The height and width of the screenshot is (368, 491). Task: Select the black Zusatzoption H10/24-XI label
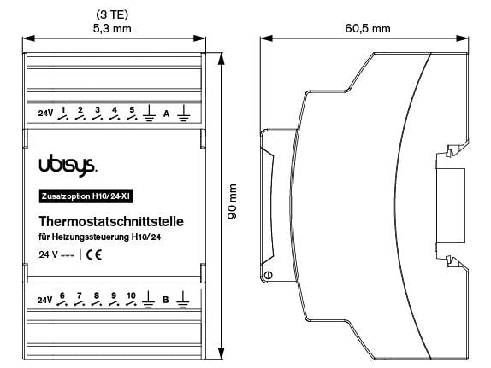(85, 196)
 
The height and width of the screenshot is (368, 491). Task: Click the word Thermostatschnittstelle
(112, 221)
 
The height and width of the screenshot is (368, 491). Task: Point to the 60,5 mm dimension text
(368, 28)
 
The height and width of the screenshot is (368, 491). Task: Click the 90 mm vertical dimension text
(233, 206)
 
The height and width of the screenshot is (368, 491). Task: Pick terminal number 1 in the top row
(63, 110)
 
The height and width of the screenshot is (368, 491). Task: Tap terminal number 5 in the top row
(132, 110)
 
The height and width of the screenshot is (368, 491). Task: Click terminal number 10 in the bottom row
(131, 295)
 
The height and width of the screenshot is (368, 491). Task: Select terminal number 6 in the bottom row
(62, 295)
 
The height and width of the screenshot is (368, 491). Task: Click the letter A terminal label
(167, 114)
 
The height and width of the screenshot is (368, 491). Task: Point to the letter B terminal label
(166, 300)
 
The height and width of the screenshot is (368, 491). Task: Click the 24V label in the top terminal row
(46, 114)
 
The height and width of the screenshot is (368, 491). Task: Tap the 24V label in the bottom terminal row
(46, 300)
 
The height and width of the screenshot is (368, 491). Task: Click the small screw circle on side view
(269, 275)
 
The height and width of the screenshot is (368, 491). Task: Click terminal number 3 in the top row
(98, 110)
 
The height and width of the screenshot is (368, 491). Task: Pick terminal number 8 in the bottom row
(97, 295)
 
